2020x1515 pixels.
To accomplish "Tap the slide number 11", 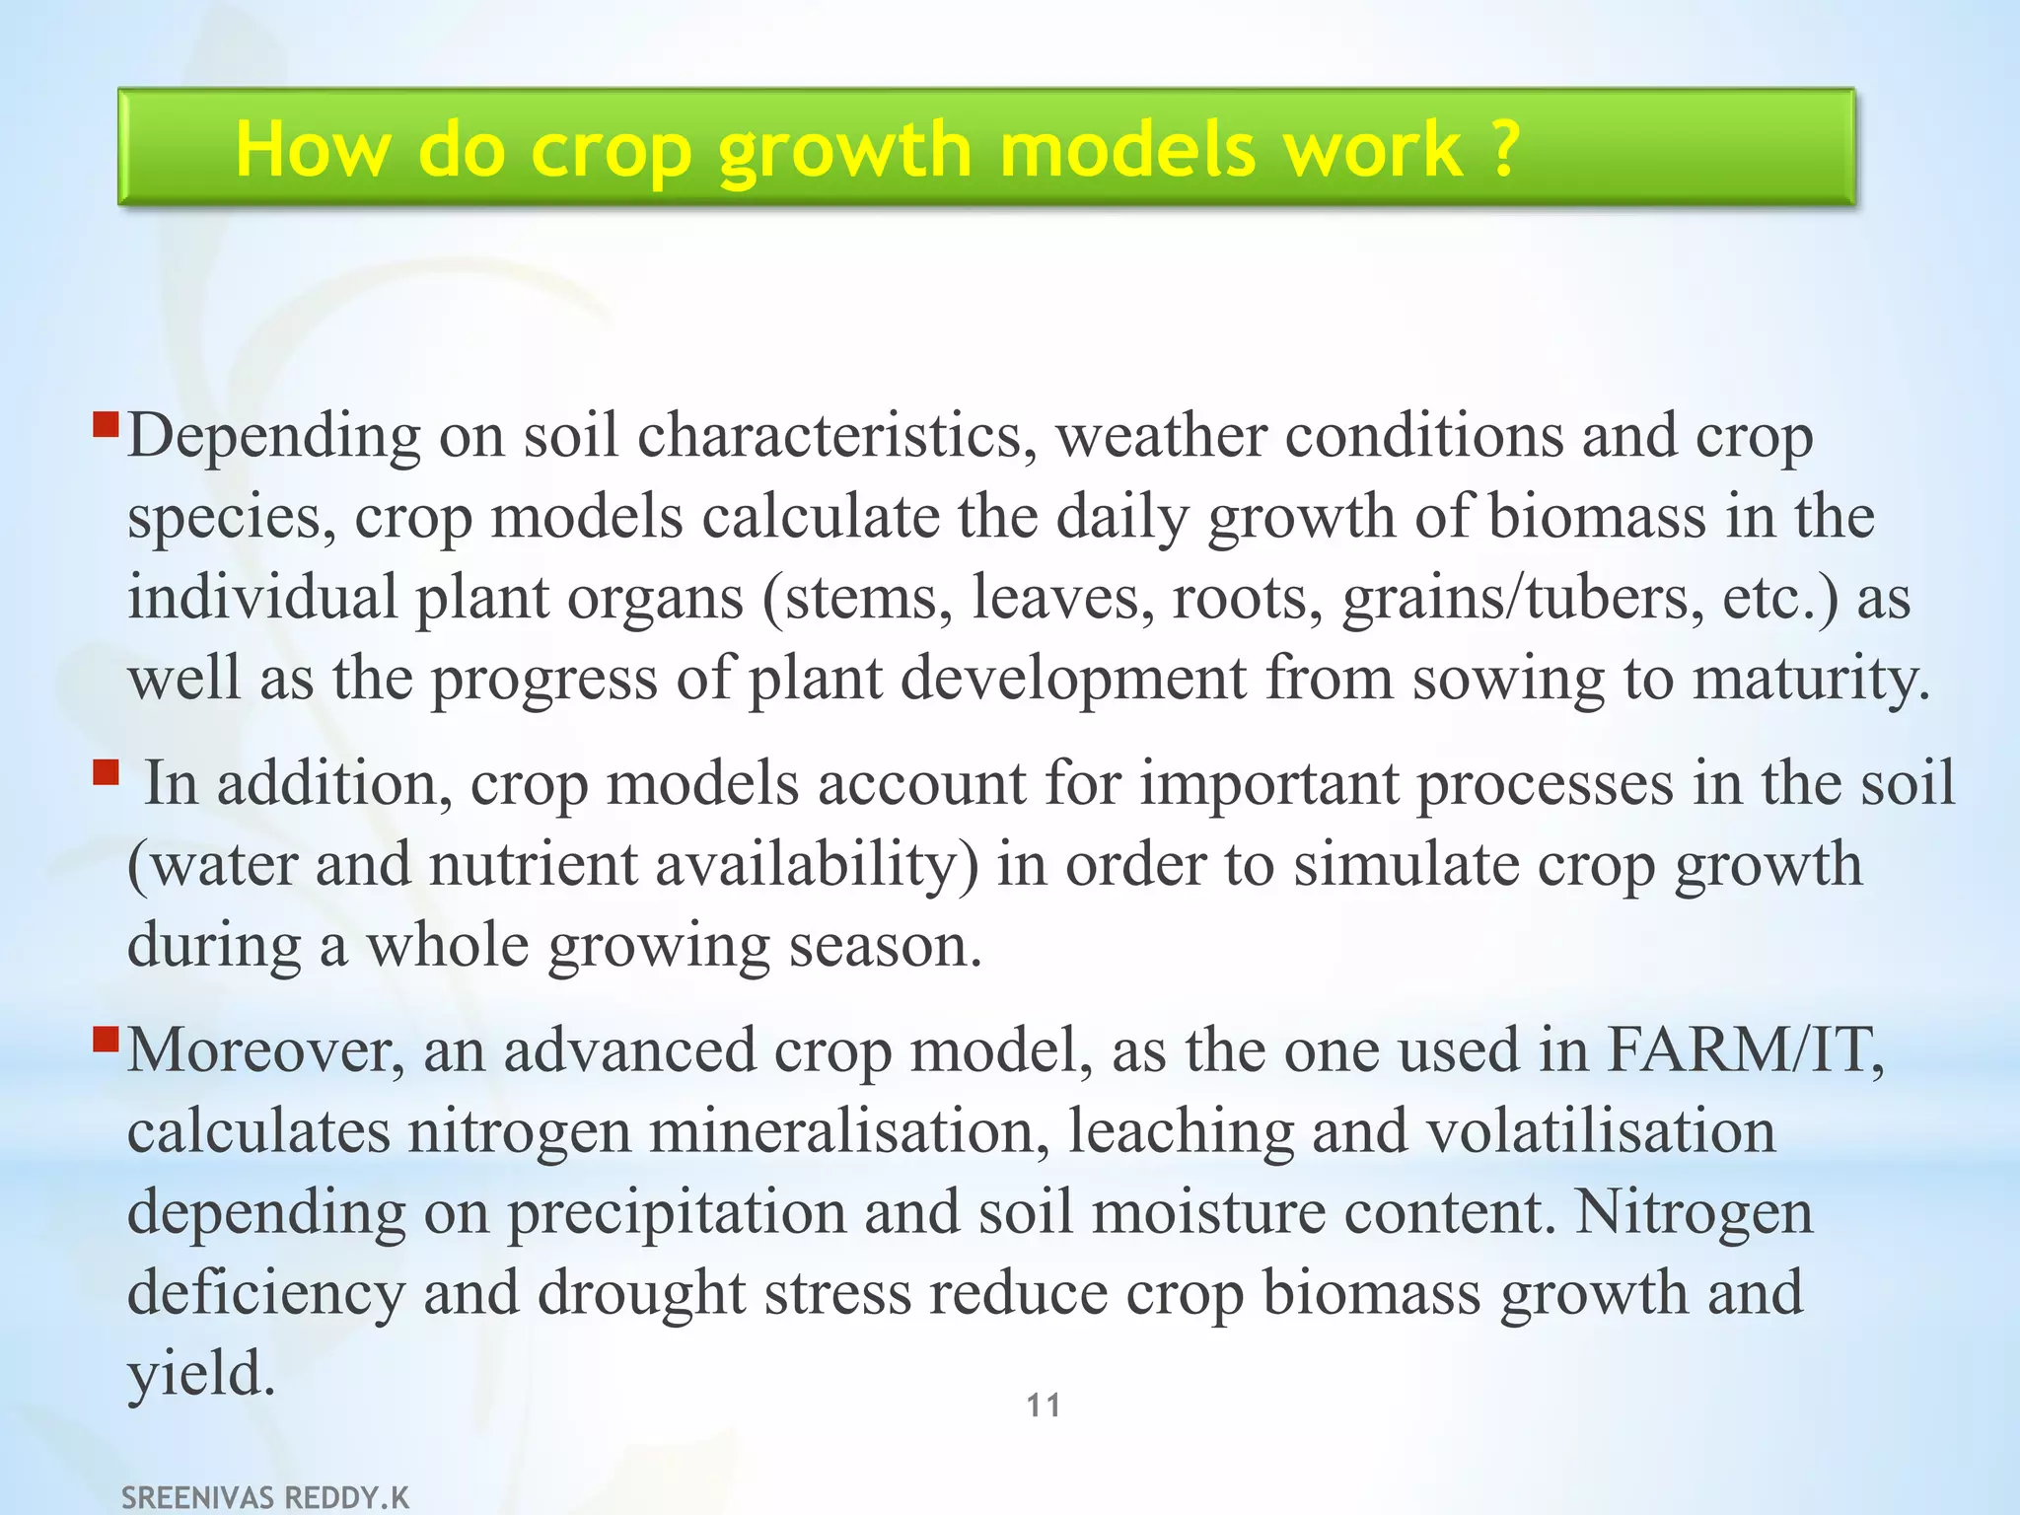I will click(1044, 1405).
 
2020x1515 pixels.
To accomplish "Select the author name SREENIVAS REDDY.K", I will click(265, 1497).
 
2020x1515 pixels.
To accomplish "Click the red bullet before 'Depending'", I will click(106, 425).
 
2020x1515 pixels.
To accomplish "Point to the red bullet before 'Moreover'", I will click(106, 1039).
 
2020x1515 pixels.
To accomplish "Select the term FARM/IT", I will click(1743, 1049).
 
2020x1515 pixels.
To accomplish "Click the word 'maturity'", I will click(1810, 679).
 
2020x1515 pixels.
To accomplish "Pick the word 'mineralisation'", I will click(849, 1130).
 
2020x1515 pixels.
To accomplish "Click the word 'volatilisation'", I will click(1601, 1130).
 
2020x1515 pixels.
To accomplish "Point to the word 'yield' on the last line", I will click(200, 1373).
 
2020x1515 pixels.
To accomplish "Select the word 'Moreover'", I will click(265, 1049).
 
